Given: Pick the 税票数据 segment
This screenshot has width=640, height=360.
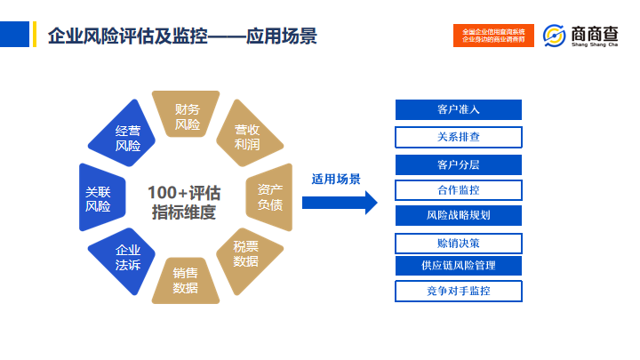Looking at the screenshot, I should [x=246, y=254].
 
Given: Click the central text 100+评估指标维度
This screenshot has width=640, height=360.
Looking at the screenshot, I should [x=184, y=202].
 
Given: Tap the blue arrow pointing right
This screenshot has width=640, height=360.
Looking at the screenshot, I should [x=334, y=202].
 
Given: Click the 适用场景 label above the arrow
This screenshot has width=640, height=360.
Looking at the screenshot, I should [x=335, y=179].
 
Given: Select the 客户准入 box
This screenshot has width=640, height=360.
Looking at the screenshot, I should [x=458, y=110].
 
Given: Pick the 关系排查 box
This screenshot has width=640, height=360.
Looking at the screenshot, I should [x=458, y=137].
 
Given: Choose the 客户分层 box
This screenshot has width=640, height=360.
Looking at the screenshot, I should [x=458, y=164].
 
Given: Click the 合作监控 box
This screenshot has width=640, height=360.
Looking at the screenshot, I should [x=458, y=190].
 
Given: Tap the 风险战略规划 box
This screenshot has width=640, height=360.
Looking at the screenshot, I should [x=458, y=215].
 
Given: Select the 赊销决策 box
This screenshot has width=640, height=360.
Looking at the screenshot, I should [x=458, y=243].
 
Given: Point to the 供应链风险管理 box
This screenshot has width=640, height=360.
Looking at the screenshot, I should [x=458, y=266].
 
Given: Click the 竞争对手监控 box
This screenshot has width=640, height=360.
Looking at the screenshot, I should [x=458, y=291].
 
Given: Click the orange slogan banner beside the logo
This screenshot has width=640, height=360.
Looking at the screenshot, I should [x=493, y=36].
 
